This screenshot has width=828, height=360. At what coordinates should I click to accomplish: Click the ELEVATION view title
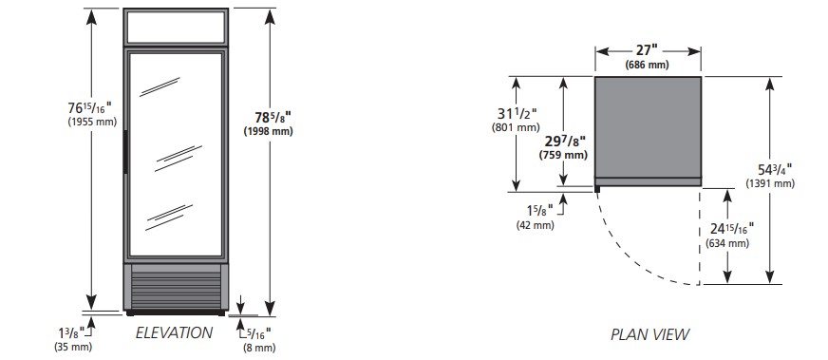click(x=174, y=332)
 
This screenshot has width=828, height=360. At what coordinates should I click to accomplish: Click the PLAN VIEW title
click(x=650, y=334)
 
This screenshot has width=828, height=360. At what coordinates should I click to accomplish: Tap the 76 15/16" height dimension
click(x=90, y=107)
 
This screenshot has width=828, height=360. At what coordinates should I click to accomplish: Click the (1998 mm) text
click(x=269, y=131)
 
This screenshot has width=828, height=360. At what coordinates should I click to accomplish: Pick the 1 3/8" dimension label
click(x=71, y=333)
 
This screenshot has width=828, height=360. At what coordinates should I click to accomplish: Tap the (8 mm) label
click(x=259, y=348)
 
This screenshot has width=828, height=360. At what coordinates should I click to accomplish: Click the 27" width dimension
click(x=647, y=50)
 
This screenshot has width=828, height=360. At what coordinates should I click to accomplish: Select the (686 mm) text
click(x=647, y=65)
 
